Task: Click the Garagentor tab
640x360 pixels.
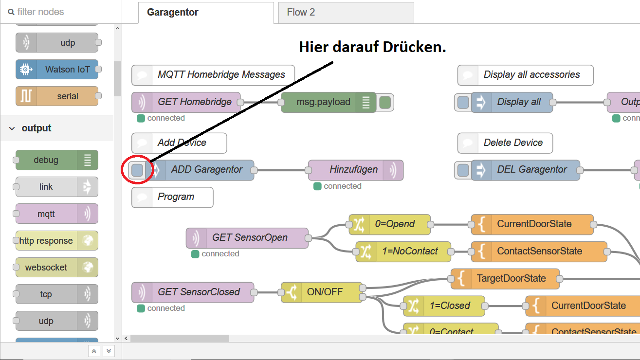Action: point(172,13)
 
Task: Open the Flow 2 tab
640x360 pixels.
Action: point(301,13)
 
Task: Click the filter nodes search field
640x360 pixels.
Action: point(61,12)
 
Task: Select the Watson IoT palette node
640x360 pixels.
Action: point(57,70)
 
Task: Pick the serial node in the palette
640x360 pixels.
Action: point(57,96)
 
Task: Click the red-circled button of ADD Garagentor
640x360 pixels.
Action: point(138,170)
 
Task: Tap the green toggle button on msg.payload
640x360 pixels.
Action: point(385,103)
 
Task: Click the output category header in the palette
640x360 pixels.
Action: point(37,128)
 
